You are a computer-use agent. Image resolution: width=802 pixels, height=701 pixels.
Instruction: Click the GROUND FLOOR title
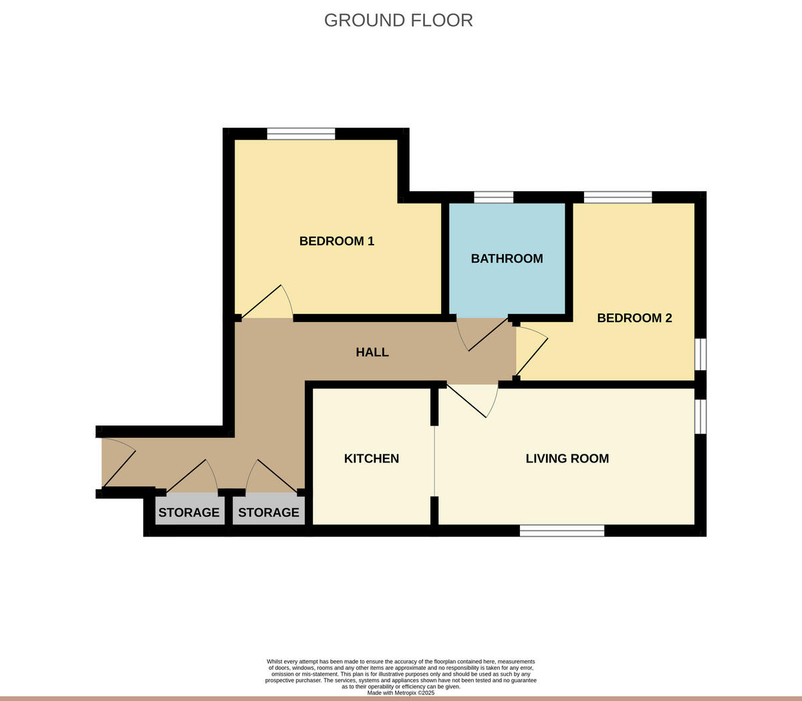(398, 21)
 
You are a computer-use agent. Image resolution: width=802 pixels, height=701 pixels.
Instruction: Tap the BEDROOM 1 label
(336, 241)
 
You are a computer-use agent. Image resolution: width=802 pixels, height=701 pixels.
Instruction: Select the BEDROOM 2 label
(634, 318)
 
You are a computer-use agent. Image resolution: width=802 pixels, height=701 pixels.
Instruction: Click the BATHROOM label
(507, 259)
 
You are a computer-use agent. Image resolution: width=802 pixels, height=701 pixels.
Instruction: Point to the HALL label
(372, 352)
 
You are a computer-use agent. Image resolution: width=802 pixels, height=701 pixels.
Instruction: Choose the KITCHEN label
(372, 458)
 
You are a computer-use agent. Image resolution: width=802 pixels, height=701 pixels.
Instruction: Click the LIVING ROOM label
(567, 458)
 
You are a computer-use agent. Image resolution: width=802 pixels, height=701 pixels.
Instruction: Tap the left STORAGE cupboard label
(188, 513)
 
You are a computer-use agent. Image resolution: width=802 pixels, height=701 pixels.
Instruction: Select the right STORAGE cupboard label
(269, 513)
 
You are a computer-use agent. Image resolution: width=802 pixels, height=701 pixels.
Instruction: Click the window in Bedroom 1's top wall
(301, 134)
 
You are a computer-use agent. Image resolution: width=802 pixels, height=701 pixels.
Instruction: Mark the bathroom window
(494, 197)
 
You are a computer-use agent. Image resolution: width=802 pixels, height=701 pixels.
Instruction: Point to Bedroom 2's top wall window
(618, 197)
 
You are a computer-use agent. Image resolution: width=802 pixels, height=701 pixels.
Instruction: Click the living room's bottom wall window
(562, 531)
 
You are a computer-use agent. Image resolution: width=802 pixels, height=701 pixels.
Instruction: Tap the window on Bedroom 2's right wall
(700, 354)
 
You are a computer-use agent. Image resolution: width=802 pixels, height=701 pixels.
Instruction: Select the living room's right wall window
(700, 417)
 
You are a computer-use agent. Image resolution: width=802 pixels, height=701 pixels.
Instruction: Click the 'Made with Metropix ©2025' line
(401, 693)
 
